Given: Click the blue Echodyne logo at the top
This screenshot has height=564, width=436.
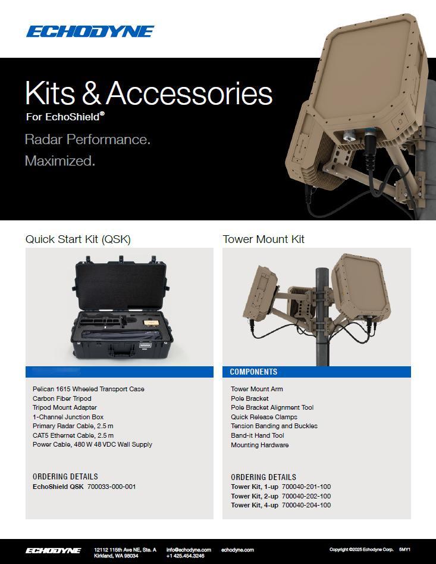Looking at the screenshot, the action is click(90, 32).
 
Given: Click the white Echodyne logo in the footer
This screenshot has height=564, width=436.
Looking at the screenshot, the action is click(53, 551).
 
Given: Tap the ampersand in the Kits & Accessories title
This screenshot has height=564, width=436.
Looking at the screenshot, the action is click(91, 93).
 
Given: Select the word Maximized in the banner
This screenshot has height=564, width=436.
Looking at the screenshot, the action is click(60, 161).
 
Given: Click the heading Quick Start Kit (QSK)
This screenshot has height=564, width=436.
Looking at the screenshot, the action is click(78, 239).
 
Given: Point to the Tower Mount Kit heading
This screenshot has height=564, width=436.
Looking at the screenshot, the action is click(264, 239).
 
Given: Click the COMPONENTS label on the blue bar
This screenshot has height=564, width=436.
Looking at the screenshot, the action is click(253, 372).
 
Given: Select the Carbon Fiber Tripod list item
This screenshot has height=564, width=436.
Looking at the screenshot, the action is click(62, 398).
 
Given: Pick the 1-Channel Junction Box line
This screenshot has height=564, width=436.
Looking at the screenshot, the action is click(68, 417).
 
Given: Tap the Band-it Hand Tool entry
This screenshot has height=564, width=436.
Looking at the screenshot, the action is click(257, 435).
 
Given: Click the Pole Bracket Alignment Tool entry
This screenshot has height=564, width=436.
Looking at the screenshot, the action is click(272, 407).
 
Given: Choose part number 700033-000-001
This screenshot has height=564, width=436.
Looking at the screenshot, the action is click(112, 487).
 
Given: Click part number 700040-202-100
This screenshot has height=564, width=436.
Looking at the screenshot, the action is click(306, 496).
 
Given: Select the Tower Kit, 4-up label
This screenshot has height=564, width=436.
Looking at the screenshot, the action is click(254, 506).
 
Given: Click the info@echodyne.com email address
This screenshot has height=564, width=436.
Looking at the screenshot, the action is click(189, 550).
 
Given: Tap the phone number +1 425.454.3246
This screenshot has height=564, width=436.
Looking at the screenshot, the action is click(186, 556).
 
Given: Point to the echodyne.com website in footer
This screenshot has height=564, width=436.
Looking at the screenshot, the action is click(237, 550).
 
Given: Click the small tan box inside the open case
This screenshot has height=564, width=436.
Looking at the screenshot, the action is click(152, 323).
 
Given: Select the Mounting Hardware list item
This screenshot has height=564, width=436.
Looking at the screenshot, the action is click(260, 445).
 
